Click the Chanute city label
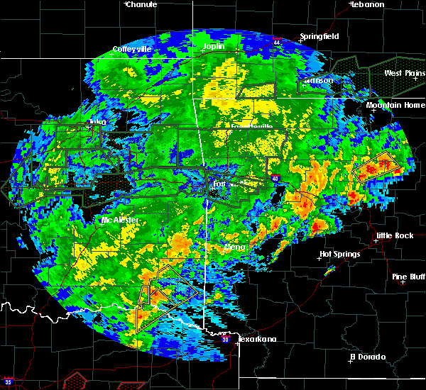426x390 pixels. point(142,4)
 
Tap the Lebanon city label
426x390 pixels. point(368,4)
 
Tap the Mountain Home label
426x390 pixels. point(395,105)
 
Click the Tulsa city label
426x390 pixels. point(95,122)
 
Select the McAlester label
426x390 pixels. point(120,221)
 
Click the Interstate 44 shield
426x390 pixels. point(276,42)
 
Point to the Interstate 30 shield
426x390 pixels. point(225,340)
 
